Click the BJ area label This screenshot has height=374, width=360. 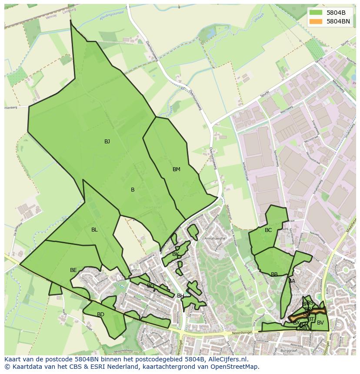tap(107, 142)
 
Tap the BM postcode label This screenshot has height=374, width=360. tap(176, 169)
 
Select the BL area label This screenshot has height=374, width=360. tap(94, 230)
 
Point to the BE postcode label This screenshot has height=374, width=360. tap(73, 270)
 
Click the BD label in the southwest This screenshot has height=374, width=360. tap(100, 314)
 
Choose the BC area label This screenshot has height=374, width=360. tap(268, 230)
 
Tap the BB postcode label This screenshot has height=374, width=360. tap(274, 275)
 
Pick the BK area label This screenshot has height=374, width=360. tap(176, 254)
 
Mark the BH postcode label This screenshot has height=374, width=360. tap(180, 296)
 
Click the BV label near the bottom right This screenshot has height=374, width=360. tap(320, 323)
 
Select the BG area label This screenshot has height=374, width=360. tap(150, 286)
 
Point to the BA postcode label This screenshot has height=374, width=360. tap(292, 281)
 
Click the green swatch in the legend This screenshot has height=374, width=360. tap(316, 13)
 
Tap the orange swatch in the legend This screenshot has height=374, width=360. tap(316, 21)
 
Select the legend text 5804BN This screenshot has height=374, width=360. tap(338, 21)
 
